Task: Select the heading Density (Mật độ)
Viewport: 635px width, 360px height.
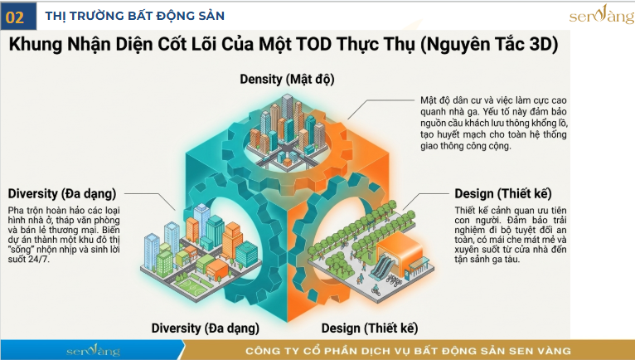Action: pos(287,80)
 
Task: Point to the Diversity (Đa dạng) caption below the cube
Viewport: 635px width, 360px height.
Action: pos(206,327)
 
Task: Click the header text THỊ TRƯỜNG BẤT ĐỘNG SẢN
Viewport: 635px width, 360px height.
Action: pos(134,16)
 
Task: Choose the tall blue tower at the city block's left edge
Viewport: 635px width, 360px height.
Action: pos(153,248)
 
